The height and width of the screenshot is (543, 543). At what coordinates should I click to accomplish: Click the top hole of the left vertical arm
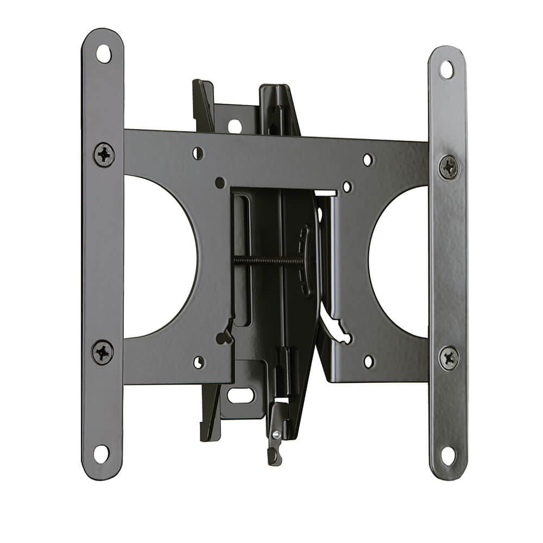(x=103, y=54)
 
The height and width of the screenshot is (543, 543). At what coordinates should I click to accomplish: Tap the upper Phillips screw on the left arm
(x=103, y=154)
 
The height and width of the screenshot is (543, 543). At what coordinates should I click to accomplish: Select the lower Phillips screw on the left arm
(x=102, y=352)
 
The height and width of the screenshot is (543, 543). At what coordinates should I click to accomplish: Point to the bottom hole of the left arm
(x=102, y=453)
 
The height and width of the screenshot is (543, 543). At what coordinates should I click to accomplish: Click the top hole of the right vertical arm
(x=447, y=70)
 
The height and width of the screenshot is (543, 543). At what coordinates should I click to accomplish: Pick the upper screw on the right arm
(x=449, y=167)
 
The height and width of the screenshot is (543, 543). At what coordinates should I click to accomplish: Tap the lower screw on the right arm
(x=449, y=358)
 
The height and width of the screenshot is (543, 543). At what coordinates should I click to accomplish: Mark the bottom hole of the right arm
(x=448, y=455)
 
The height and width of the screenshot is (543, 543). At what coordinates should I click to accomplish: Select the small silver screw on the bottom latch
(x=276, y=434)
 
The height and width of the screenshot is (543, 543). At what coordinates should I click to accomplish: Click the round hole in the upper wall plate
(x=235, y=127)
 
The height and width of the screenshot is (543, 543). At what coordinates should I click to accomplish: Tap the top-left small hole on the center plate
(x=198, y=154)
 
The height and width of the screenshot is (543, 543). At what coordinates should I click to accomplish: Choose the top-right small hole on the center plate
(x=368, y=160)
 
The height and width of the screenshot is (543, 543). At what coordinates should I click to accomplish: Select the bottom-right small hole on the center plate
(x=369, y=361)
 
